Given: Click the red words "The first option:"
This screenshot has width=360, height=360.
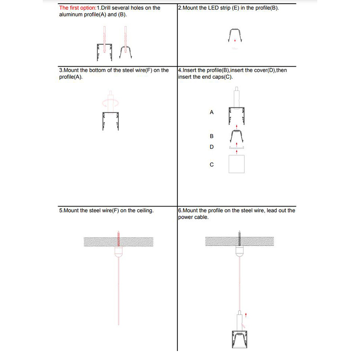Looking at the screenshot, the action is click(78, 8).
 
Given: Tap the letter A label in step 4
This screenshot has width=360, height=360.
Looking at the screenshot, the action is click(211, 112).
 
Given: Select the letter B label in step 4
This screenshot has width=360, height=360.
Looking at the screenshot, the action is click(211, 136).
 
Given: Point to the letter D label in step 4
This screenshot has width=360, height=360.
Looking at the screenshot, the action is click(211, 147).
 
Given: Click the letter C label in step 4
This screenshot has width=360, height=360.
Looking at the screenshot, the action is click(211, 165).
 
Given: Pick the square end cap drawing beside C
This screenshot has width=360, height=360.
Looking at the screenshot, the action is click(237, 164).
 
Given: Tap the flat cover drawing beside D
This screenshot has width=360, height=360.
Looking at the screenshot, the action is click(237, 148).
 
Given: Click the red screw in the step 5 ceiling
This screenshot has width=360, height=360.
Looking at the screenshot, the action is click(118, 238).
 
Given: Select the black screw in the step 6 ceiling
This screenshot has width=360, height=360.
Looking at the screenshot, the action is click(239, 238).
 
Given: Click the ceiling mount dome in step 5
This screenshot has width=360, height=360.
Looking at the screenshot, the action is click(118, 252).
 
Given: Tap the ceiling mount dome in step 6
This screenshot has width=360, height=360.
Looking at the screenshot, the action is click(239, 252).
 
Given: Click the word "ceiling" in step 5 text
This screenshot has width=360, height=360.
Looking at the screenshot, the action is click(145, 211).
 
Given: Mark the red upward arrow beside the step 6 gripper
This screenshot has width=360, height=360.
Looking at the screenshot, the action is click(246, 315).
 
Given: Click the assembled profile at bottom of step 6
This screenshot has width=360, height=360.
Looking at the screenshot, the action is click(239, 340).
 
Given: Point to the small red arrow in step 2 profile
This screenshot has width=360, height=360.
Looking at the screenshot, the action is click(235, 40).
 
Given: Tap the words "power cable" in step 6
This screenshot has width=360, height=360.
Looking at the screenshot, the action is click(193, 217).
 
